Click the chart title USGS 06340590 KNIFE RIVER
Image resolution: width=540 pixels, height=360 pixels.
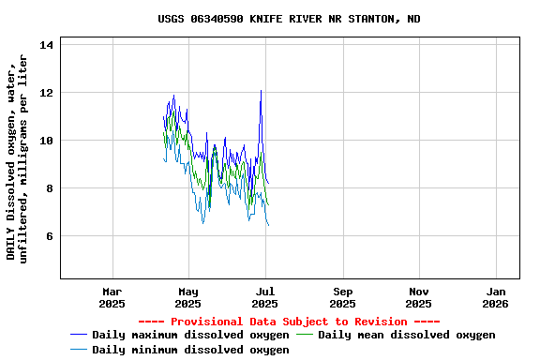coord(289,19)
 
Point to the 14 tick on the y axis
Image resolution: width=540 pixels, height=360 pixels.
coord(48,45)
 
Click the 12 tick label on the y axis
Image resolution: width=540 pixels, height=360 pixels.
coord(48,93)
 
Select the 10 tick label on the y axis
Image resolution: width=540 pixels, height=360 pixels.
coord(48,141)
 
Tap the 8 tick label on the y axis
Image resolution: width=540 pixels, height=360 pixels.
coord(51,188)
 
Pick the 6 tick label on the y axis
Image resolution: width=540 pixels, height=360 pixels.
coord(51,236)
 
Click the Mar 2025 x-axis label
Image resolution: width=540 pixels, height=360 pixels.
coord(112,297)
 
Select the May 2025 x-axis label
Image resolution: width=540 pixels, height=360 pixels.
coord(188,297)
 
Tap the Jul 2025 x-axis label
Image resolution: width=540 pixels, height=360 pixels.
coord(265,297)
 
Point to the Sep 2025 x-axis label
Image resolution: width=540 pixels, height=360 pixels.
coord(343,297)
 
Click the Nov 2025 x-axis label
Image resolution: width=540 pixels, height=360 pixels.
coord(419,297)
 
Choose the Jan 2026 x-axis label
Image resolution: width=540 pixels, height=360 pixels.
coord(496,297)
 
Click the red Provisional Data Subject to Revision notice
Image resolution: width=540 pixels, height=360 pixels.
coord(289,321)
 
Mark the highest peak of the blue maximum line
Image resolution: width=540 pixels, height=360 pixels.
coord(261,91)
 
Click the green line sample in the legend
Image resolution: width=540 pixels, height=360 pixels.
coord(306,335)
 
